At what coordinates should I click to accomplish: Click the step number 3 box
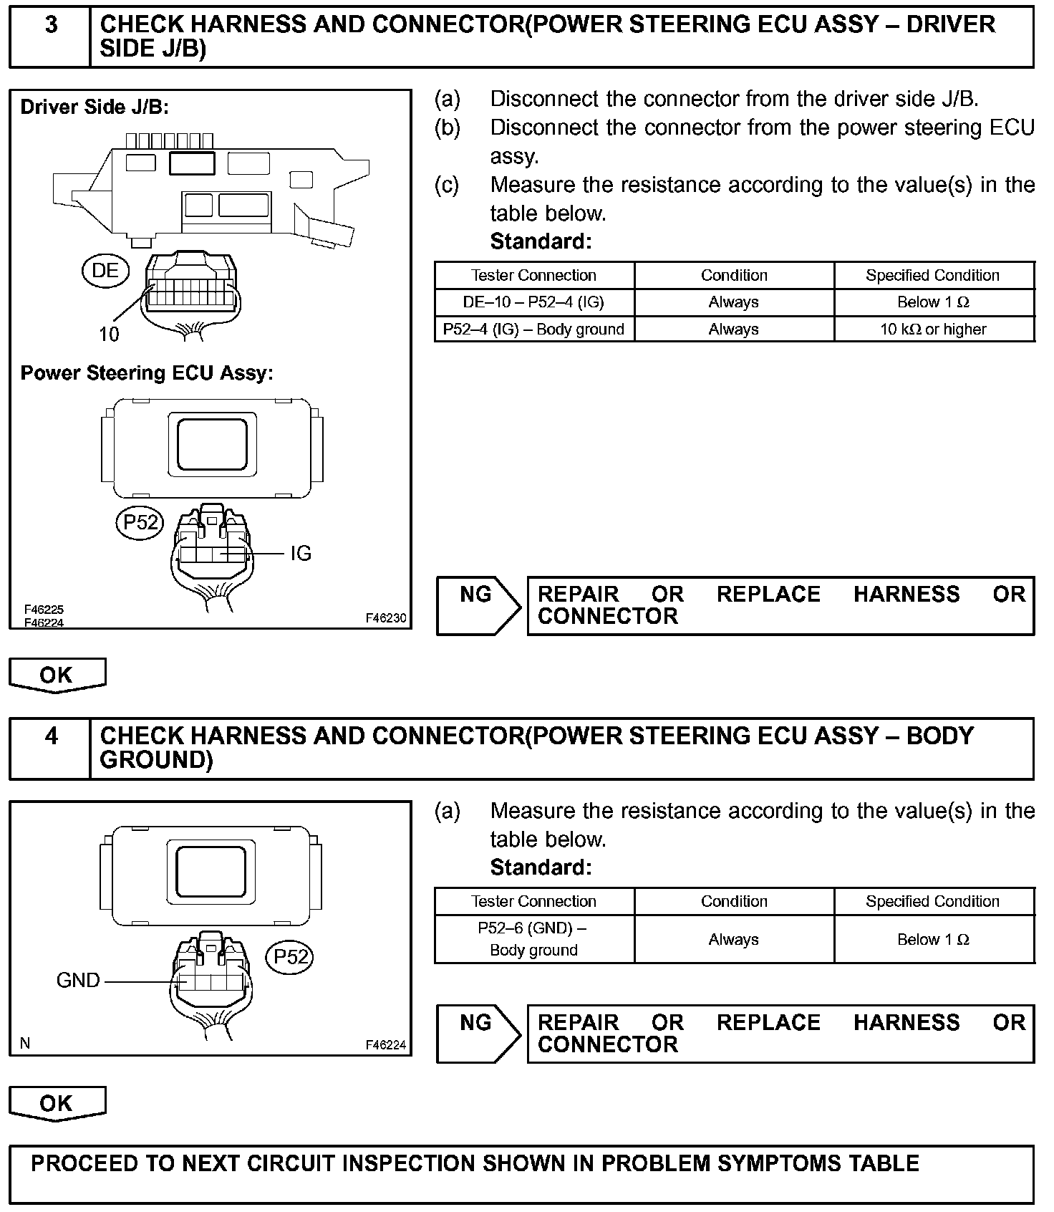point(51,36)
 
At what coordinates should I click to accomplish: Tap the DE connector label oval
point(105,270)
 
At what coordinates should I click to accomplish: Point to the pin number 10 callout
point(109,334)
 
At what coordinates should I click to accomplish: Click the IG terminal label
point(301,554)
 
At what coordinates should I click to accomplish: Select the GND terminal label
point(78,980)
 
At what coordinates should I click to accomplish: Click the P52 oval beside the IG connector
point(140,522)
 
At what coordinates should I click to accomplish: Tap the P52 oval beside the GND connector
point(290,957)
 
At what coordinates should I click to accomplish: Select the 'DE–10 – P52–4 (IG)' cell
point(533,302)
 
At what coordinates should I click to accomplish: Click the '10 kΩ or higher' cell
point(933,330)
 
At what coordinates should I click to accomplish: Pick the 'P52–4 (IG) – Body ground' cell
point(533,330)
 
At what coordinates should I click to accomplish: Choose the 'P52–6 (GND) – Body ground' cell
point(533,939)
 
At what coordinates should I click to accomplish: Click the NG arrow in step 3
point(478,605)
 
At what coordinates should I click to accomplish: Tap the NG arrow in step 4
point(478,1033)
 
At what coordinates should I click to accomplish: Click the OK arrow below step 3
point(57,675)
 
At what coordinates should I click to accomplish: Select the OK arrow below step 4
point(57,1103)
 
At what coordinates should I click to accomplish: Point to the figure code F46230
point(385,618)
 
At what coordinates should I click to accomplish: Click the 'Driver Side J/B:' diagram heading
point(95,107)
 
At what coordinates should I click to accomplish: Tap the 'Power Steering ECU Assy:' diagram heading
point(147,373)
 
